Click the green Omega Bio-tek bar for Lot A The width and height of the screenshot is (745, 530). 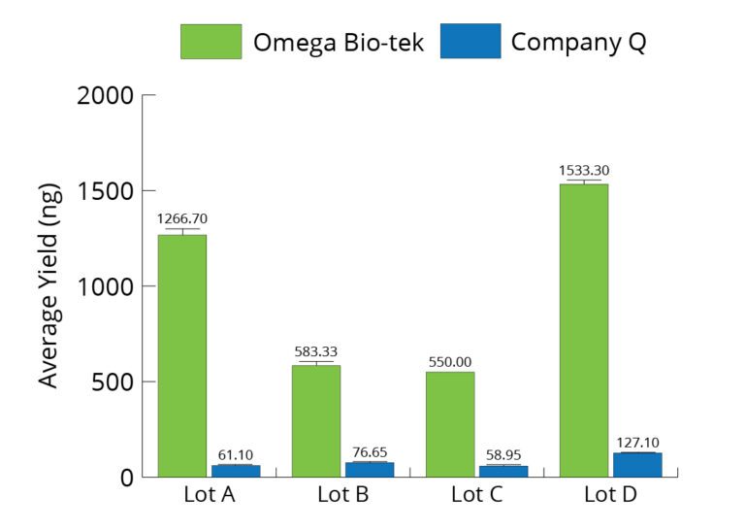[x=181, y=355]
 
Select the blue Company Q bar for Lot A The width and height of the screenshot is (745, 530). [x=236, y=471]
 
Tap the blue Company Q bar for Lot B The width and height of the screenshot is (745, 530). [x=370, y=470]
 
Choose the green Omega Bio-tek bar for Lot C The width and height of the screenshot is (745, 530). [x=449, y=424]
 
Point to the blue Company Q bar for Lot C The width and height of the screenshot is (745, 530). [x=503, y=471]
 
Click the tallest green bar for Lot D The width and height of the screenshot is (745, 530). [x=583, y=330]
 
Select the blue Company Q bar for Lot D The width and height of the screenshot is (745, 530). [x=637, y=464]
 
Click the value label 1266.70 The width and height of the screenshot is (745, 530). [x=182, y=219]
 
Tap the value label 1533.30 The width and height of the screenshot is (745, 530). [x=584, y=171]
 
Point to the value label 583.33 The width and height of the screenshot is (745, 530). [x=316, y=351]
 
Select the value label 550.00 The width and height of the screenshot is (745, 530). [x=450, y=362]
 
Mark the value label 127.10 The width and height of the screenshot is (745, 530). [x=637, y=443]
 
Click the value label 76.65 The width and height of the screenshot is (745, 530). [x=371, y=451]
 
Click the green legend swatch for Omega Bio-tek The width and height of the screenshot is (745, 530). [x=211, y=42]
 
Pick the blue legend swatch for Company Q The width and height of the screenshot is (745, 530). [x=470, y=42]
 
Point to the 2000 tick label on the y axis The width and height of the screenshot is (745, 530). [x=104, y=96]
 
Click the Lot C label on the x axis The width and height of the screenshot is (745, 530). [x=476, y=495]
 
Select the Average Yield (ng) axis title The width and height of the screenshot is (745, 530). [x=49, y=285]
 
